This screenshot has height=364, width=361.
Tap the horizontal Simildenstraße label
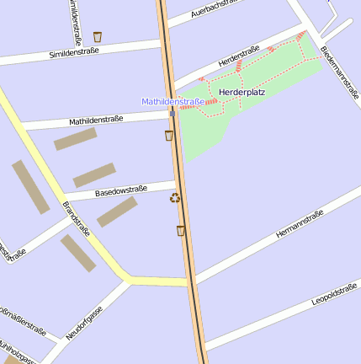click(x=75, y=51)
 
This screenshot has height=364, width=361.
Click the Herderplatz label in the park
click(x=242, y=91)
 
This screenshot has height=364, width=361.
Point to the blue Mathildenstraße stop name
click(x=173, y=101)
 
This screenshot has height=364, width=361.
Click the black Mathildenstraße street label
click(x=96, y=120)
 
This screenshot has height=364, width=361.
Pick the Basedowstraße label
click(x=121, y=191)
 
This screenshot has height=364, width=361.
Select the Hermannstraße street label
click(x=300, y=224)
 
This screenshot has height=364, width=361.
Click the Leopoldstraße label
click(x=334, y=295)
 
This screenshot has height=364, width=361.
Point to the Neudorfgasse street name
click(x=84, y=322)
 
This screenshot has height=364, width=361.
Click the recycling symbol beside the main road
click(x=175, y=198)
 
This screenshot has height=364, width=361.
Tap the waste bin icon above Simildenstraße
click(x=98, y=36)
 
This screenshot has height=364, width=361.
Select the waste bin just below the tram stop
click(x=169, y=135)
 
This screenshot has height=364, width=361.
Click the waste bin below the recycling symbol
click(x=181, y=230)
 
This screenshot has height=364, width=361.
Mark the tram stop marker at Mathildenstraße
click(x=172, y=110)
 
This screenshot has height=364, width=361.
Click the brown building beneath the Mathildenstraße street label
click(x=76, y=139)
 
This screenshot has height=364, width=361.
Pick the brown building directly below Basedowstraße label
click(x=117, y=211)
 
